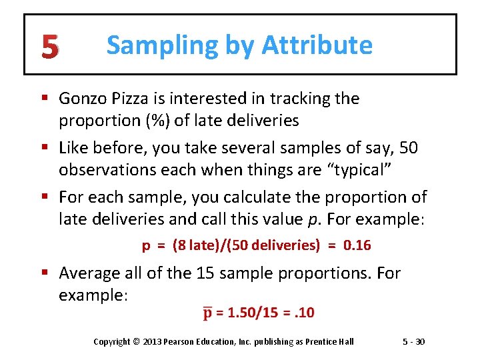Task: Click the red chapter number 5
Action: (49, 46)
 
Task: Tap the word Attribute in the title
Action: (317, 45)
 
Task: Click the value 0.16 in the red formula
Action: (357, 245)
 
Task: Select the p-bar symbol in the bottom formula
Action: (207, 312)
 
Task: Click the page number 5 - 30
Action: (414, 342)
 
